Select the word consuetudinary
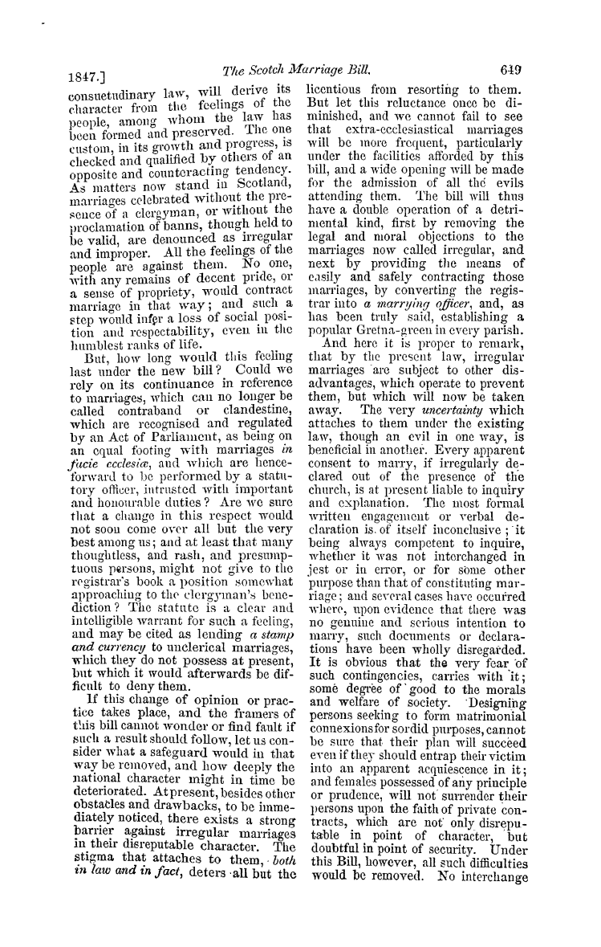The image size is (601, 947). pos(99,92)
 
